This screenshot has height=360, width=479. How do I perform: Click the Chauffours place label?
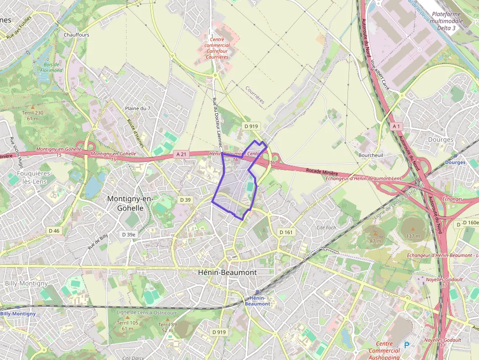click(x=76, y=35)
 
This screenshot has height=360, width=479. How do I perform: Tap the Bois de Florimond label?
click(x=51, y=67)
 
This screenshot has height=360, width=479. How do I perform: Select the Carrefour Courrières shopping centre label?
click(x=217, y=48)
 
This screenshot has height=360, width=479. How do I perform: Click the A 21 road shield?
click(x=181, y=154)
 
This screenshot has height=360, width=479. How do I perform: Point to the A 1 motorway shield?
click(x=395, y=126)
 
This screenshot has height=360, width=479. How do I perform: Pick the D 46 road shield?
click(x=54, y=231)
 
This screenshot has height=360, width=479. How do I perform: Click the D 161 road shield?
click(x=285, y=232)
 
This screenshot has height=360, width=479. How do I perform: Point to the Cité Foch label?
click(x=327, y=228)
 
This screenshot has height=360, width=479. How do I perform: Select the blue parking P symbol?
click(x=406, y=345)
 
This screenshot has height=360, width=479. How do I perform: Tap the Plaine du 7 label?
click(x=138, y=108)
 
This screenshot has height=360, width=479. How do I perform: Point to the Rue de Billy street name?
click(x=98, y=242)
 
